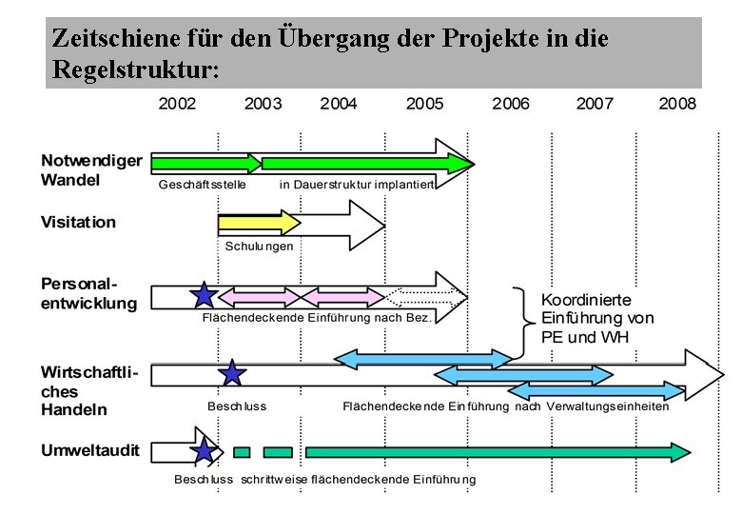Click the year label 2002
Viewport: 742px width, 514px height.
pyautogui.click(x=177, y=103)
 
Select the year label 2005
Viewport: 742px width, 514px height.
pyautogui.click(x=424, y=103)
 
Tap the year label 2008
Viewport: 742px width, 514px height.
pyautogui.click(x=677, y=103)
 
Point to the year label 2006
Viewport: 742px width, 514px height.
pyautogui.click(x=511, y=103)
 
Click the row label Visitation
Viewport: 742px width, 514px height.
pyautogui.click(x=78, y=222)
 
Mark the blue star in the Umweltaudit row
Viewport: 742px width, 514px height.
pyautogui.click(x=204, y=451)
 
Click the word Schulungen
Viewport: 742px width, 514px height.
pyautogui.click(x=259, y=246)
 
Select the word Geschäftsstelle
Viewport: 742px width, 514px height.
pyautogui.click(x=202, y=184)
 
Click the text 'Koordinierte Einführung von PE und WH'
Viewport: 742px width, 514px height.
pyautogui.click(x=597, y=318)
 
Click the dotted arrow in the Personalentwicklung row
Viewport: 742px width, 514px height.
pyautogui.click(x=428, y=295)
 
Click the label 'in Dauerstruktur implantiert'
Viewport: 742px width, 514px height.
pyautogui.click(x=357, y=184)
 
